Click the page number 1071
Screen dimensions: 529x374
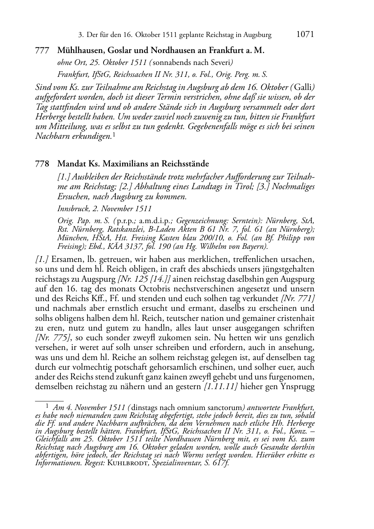pos(305,35)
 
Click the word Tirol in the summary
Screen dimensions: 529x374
pos(243,186)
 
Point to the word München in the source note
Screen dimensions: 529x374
pos(71,238)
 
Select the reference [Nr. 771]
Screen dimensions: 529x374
pos(298,298)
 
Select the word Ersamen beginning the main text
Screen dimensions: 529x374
pos(65,259)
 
